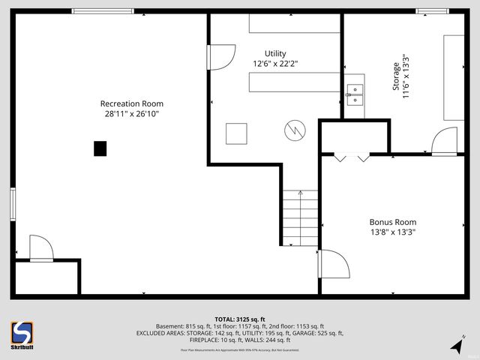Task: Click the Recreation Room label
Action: coord(132,103)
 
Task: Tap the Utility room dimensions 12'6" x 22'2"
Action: coord(275,64)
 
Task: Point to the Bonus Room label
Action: coord(392,222)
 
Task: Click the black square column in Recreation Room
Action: coord(100,148)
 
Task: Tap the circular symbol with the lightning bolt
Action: coord(294,130)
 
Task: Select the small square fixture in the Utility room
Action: coord(237,133)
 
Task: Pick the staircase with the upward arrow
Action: coord(301,217)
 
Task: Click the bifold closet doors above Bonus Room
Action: coord(352,157)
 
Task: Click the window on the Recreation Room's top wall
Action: coord(103,11)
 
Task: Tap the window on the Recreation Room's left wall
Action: coord(13,204)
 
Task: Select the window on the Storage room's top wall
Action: coord(432,11)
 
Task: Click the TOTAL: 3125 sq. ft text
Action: coord(240,319)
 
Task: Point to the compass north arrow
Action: coord(457,345)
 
